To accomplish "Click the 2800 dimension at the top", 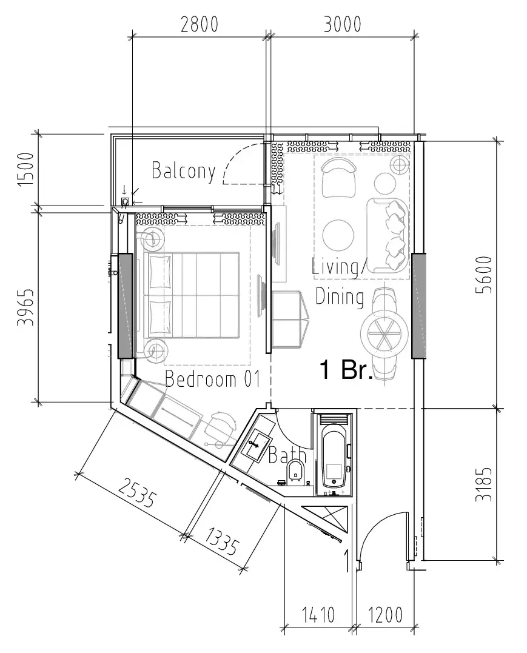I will click(x=199, y=24).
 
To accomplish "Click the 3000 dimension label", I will click(x=343, y=24).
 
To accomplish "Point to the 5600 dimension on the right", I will click(x=484, y=275).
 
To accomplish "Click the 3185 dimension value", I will click(x=484, y=484).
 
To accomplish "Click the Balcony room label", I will click(x=183, y=171).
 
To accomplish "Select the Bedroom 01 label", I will click(x=212, y=380).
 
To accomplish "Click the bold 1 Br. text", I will click(x=346, y=370).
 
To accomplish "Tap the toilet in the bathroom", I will click(x=296, y=470).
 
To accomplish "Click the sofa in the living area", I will click(x=388, y=233).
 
